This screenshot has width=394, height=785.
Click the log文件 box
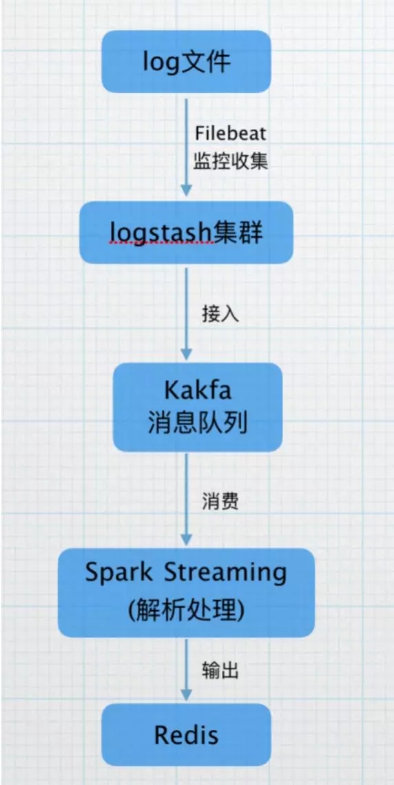coord(186,61)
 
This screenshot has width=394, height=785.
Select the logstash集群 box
coord(185,232)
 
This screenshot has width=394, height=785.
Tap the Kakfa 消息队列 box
coord(197,407)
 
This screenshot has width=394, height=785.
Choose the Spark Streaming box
coord(186,592)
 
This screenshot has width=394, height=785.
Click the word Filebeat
coord(230,135)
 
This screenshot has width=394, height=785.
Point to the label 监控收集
coord(231,161)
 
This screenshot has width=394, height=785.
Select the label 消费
coord(220,500)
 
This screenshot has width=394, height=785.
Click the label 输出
coord(220,670)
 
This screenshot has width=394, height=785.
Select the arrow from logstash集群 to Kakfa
coord(186,313)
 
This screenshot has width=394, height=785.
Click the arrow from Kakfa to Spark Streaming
coord(186,500)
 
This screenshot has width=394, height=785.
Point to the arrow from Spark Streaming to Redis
coord(186,670)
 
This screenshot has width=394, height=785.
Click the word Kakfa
coord(198,390)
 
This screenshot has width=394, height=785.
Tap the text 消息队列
coord(198,425)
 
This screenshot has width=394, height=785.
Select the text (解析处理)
coord(186,610)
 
